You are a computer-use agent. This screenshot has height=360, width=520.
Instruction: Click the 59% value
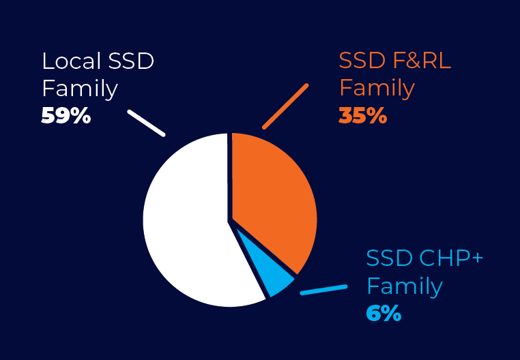66,116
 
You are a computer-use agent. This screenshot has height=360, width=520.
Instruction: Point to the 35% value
363,116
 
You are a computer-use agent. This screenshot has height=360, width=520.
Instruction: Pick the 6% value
384,313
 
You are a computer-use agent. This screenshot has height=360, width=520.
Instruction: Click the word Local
71,61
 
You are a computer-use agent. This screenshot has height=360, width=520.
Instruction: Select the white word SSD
131,61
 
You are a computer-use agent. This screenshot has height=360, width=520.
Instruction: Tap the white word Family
80,89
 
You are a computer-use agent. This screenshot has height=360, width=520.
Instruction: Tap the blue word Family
405,286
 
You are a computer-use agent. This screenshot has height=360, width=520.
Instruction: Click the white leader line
146,123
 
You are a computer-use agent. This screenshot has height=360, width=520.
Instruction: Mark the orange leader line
285,106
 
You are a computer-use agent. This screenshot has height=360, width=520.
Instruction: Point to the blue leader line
323,290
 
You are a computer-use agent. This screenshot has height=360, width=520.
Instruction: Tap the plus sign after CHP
477,258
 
